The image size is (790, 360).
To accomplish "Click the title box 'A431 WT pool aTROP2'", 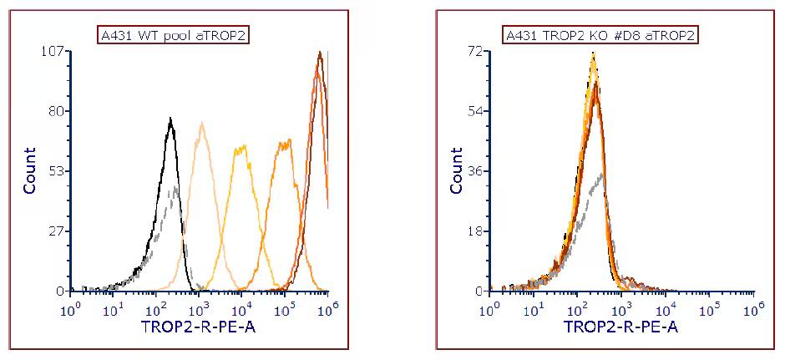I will pos(175,34).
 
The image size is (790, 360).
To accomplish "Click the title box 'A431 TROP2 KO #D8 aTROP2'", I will pos(600,34).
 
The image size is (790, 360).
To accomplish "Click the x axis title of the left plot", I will pos(200,326).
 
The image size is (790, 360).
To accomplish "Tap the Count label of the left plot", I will pos(30,170).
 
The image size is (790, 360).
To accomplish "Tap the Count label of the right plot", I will pos(456,170).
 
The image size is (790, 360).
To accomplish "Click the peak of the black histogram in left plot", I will pos(170,119).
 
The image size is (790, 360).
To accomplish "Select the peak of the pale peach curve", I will pos(202,124).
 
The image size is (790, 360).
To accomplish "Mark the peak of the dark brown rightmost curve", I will pos(319,53).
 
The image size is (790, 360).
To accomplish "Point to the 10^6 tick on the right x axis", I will pos(753,309).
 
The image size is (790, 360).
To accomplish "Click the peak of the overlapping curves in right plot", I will pos(594,54).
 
